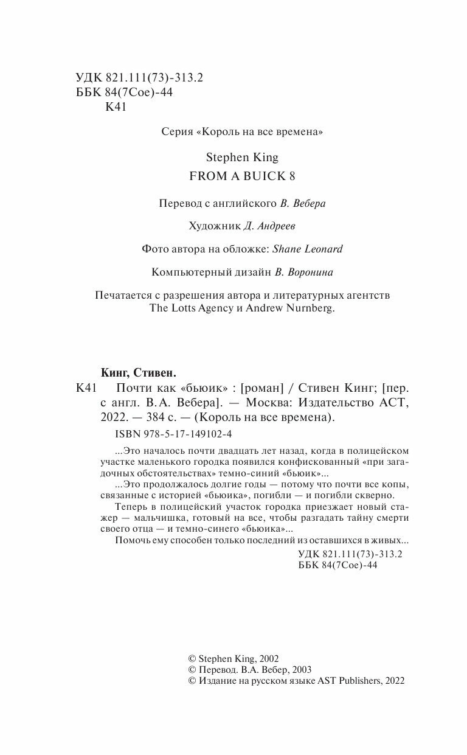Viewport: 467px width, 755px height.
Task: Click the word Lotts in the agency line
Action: (x=182, y=308)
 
